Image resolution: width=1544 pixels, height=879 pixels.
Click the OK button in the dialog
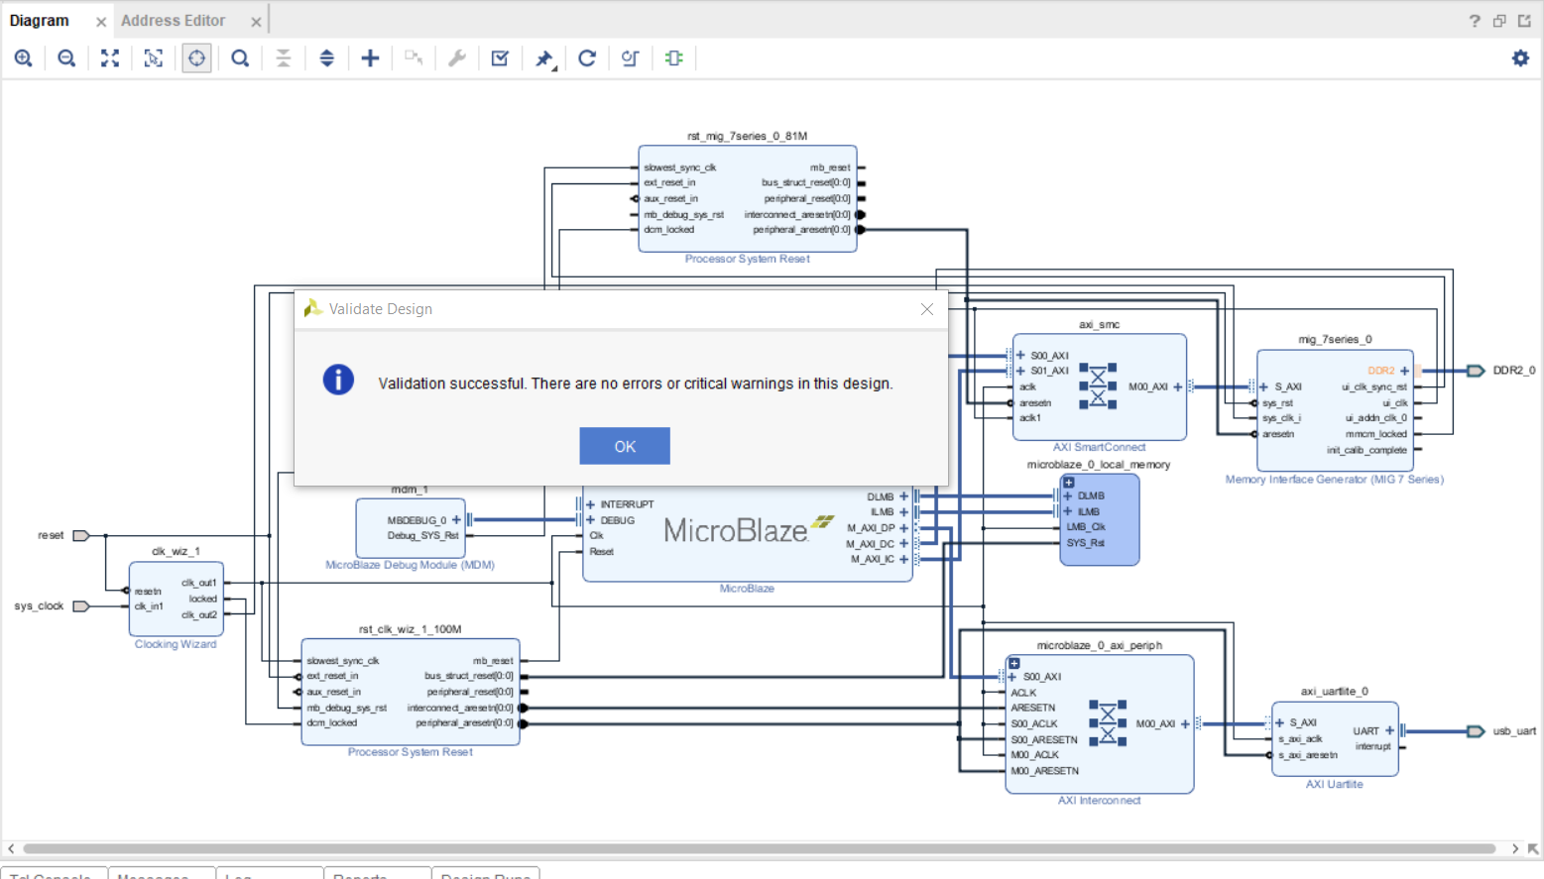coord(625,446)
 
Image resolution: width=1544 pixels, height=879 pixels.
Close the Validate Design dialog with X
coord(926,309)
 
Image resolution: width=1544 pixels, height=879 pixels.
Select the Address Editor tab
coord(174,21)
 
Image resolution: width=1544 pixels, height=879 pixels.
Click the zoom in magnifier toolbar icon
coord(24,58)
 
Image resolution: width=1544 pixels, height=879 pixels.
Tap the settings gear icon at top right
coord(1520,58)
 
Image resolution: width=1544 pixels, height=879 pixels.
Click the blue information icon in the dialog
coord(338,380)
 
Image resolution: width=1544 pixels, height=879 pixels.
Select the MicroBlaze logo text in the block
coord(735,531)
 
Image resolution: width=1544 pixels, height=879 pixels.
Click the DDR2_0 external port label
coord(1513,371)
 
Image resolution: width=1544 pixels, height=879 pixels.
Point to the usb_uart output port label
coord(1513,731)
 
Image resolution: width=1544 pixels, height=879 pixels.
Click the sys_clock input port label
coord(39,606)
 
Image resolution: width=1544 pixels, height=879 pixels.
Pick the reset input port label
coord(51,536)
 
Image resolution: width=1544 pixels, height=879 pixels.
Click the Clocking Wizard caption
coord(176,644)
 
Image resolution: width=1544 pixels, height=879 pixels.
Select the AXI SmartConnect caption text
coord(1099,448)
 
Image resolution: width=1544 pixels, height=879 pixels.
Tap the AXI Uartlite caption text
coord(1334,785)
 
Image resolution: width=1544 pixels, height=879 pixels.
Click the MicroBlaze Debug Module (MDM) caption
coord(410,565)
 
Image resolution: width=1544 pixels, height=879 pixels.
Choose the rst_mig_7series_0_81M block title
coord(747,136)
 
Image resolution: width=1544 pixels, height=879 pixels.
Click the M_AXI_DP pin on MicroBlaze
coord(871,528)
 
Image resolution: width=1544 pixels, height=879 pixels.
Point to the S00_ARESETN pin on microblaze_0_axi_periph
coord(1043,740)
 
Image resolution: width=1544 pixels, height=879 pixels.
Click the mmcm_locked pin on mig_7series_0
coord(1376,434)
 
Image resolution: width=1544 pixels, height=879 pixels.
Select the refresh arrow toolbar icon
coord(587,58)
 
